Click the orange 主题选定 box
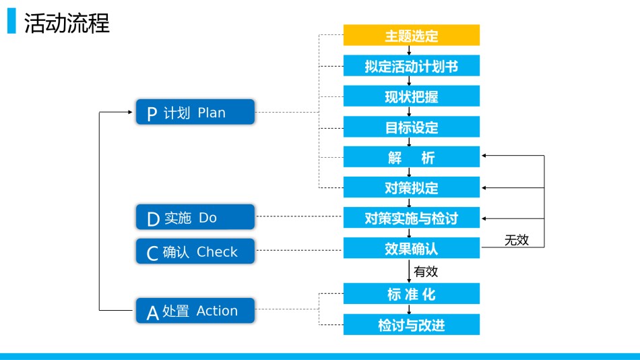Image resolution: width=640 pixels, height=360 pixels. [x=412, y=35]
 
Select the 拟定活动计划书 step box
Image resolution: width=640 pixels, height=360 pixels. [x=412, y=66]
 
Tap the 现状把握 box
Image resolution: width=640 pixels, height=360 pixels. [x=412, y=96]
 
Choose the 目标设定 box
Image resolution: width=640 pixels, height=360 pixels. [x=412, y=127]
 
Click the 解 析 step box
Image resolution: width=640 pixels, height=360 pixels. [x=412, y=157]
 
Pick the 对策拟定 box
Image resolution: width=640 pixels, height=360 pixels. [x=412, y=187]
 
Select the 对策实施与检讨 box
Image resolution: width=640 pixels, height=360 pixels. [x=412, y=217]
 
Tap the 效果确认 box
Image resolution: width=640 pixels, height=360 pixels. [x=412, y=248]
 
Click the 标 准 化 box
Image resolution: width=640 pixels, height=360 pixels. [x=412, y=294]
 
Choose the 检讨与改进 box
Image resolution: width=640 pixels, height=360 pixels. [x=412, y=324]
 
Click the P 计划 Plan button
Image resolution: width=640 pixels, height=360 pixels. [x=195, y=112]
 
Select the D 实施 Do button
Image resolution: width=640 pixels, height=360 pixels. [x=195, y=217]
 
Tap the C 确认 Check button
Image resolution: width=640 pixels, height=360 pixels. [x=195, y=251]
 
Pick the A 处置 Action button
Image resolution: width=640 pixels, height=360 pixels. [x=195, y=311]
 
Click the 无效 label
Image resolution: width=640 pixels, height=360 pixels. [x=516, y=240]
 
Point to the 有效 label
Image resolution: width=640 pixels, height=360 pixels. [x=426, y=271]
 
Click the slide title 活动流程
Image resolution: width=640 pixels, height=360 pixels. [x=67, y=23]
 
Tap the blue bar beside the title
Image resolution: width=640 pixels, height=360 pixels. [x=11, y=21]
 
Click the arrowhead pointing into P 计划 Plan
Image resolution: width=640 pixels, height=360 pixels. [x=130, y=112]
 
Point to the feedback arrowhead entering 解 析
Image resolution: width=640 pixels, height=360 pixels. [x=484, y=155]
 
